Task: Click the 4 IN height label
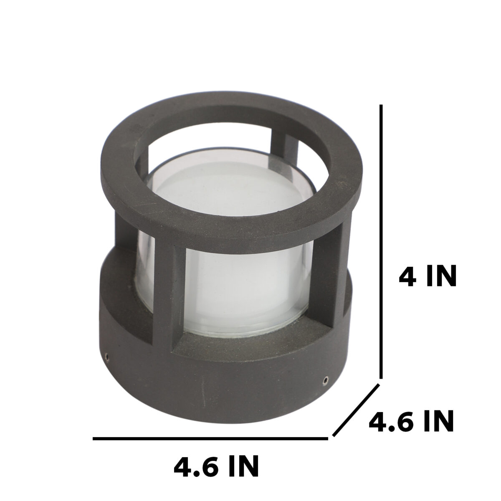[428, 275]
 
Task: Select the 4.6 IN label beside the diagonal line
[411, 421]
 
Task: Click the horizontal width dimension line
[210, 439]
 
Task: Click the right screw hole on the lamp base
[325, 381]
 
